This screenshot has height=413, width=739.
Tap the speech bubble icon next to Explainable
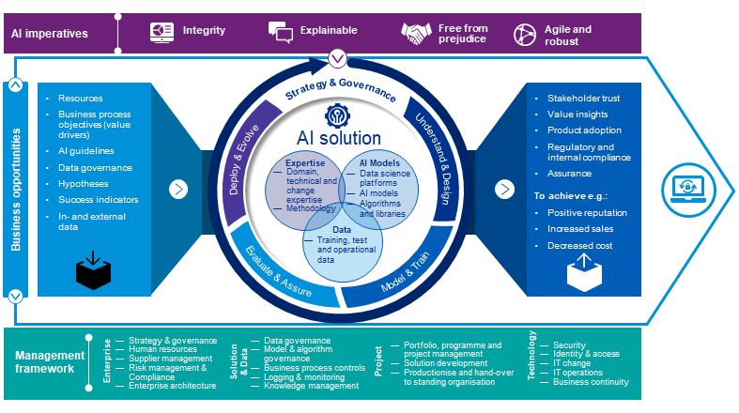281,32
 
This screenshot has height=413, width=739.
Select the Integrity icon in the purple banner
162,32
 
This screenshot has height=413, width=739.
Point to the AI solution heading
341,138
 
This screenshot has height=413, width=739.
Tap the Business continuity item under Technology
591,382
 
